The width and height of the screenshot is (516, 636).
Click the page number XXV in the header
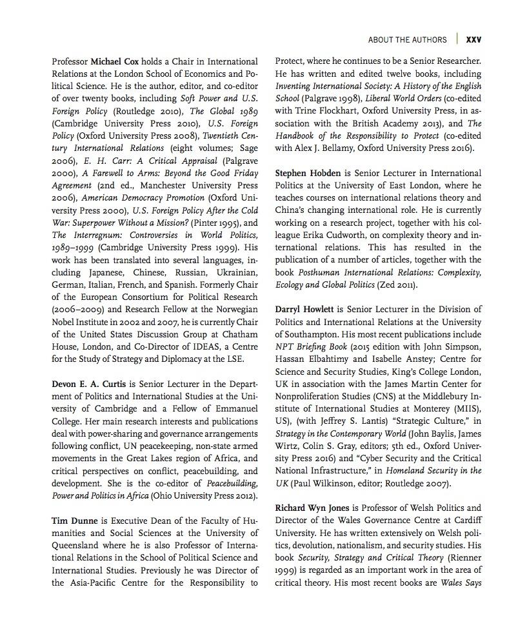[473, 39]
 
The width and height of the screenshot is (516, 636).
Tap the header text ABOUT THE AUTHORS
[407, 39]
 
